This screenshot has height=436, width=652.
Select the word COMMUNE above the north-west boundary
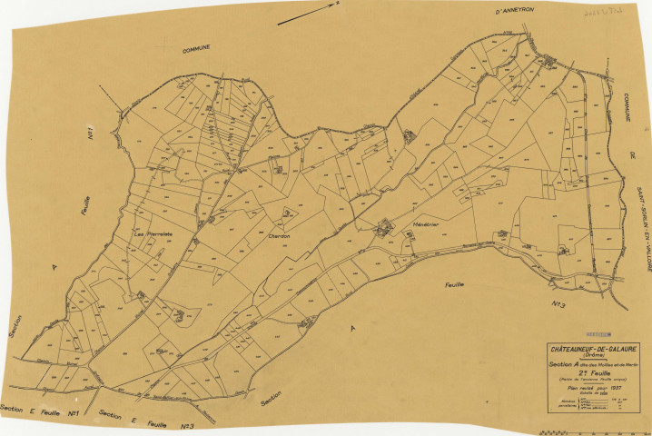tap(194, 47)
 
